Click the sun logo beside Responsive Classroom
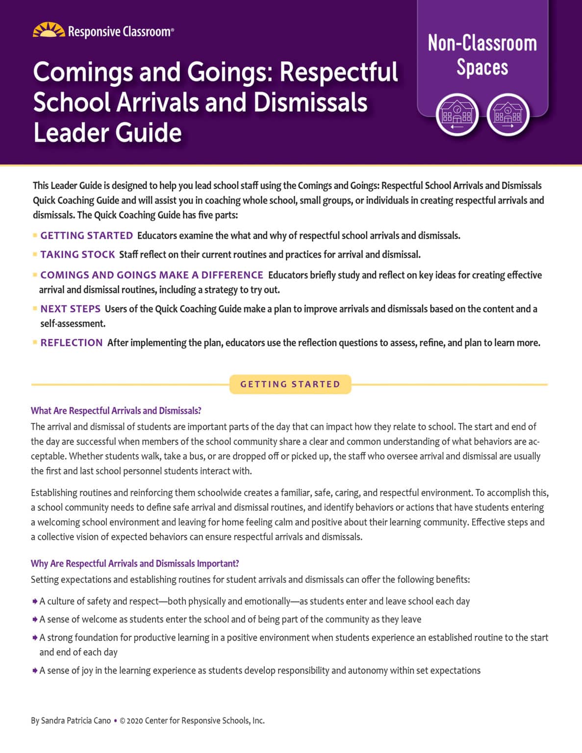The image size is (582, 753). (x=49, y=30)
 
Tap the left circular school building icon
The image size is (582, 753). (x=457, y=115)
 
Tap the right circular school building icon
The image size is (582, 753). (x=508, y=115)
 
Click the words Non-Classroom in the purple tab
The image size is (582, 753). (x=482, y=43)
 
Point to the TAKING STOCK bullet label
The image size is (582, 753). (x=77, y=254)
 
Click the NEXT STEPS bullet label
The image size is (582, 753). (x=70, y=309)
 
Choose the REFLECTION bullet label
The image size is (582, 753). (x=72, y=343)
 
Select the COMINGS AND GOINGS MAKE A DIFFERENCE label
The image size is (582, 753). (x=152, y=275)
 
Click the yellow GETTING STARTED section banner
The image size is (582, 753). (x=290, y=384)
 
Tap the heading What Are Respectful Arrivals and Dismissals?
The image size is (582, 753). (x=116, y=411)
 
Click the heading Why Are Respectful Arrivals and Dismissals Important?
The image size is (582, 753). (x=135, y=564)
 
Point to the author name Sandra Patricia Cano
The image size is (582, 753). (x=76, y=721)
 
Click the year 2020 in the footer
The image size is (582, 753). (x=135, y=721)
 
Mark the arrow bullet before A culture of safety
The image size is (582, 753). (x=35, y=602)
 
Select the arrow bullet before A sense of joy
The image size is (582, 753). (x=35, y=671)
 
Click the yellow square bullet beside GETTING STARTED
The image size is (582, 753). (x=35, y=236)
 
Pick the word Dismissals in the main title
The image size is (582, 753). (x=310, y=102)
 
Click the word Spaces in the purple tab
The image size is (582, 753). (x=482, y=68)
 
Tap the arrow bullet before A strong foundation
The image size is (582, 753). (x=35, y=638)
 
